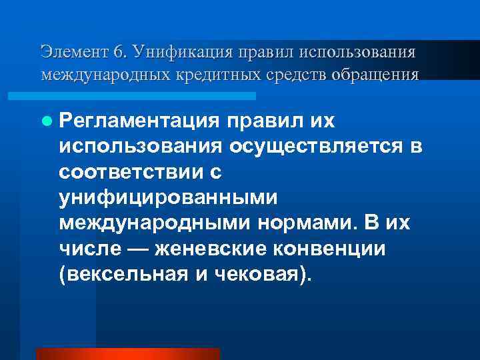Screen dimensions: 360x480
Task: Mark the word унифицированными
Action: click(x=167, y=197)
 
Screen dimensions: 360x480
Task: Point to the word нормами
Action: click(x=311, y=223)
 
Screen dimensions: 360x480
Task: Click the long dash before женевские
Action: click(x=131, y=248)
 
